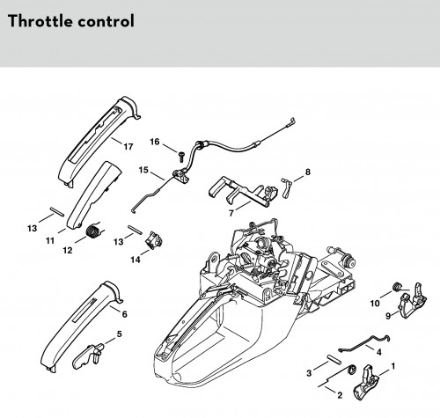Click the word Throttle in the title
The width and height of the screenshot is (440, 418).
tap(40, 21)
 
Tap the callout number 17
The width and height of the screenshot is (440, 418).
tap(128, 146)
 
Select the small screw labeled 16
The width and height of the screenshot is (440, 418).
tap(181, 156)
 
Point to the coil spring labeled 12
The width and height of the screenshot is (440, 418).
tap(93, 230)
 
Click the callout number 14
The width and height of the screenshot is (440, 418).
tap(136, 260)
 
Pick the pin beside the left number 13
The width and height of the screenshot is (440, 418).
tap(56, 212)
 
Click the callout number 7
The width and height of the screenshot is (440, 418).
tap(231, 213)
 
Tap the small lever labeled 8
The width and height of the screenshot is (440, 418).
tap(286, 187)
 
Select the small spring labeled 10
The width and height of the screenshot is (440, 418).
tap(397, 286)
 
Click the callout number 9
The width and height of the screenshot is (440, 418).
tap(388, 316)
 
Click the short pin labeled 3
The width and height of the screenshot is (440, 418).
tap(334, 359)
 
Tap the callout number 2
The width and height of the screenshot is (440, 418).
tap(340, 395)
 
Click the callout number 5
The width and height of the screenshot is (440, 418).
tap(119, 334)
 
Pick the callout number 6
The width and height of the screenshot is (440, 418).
tap(125, 314)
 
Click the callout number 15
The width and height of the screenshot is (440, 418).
tap(143, 170)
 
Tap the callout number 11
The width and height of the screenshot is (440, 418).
tap(50, 240)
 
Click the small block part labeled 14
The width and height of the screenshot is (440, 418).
tap(154, 240)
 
